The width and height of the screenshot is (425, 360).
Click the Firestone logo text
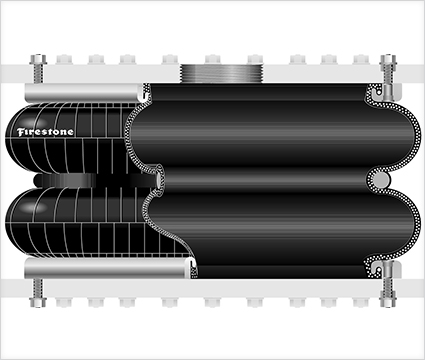[x=45, y=132]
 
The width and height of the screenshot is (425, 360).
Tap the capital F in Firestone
[x=21, y=132]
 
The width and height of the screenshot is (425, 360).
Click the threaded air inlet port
[x=222, y=73]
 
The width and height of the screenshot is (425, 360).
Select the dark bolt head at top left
[x=38, y=59]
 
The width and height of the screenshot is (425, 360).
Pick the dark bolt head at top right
[x=388, y=59]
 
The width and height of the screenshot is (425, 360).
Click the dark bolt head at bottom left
[x=38, y=302]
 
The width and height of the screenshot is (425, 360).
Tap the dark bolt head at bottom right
[x=388, y=302]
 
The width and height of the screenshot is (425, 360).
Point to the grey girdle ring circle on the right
[x=380, y=180]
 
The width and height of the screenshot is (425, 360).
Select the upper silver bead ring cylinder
[x=85, y=93]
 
